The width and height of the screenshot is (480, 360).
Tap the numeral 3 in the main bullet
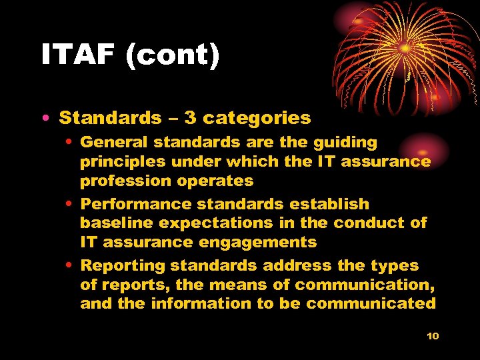click(190, 118)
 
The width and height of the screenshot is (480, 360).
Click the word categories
click(257, 118)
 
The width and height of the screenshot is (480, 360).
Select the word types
click(395, 265)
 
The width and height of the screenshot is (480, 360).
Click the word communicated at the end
click(375, 303)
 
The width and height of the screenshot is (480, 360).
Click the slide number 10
click(433, 336)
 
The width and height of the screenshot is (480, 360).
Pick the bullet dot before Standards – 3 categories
click(43, 119)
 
